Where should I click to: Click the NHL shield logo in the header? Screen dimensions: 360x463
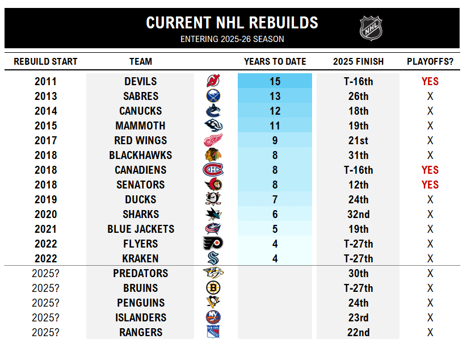click(x=371, y=27)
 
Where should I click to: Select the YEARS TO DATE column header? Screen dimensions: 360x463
click(x=275, y=61)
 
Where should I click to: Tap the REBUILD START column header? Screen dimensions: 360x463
click(x=45, y=61)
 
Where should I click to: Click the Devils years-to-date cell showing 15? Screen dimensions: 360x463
click(x=275, y=81)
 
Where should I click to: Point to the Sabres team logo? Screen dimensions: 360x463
click(x=213, y=96)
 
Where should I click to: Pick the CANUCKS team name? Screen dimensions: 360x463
click(x=140, y=111)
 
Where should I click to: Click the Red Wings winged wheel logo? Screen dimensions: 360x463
click(x=213, y=140)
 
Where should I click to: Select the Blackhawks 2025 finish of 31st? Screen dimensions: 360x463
click(x=358, y=155)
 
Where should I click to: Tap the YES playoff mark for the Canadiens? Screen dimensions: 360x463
click(x=430, y=170)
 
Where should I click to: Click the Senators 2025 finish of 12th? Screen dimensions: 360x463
click(x=358, y=185)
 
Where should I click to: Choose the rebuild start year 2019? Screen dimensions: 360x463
click(x=45, y=199)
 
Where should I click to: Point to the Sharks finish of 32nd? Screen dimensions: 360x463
click(x=358, y=214)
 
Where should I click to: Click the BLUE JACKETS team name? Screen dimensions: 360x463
click(x=141, y=229)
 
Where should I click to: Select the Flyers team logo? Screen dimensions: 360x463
click(x=213, y=244)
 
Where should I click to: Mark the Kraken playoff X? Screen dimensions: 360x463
click(x=430, y=258)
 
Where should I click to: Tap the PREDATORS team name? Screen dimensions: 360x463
click(x=141, y=273)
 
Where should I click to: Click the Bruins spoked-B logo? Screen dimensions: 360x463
click(x=213, y=288)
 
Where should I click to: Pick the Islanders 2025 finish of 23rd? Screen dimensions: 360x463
click(x=358, y=317)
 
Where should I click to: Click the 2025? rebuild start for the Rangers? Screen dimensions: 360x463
click(x=45, y=332)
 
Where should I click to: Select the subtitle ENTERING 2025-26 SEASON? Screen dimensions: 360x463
click(x=232, y=39)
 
